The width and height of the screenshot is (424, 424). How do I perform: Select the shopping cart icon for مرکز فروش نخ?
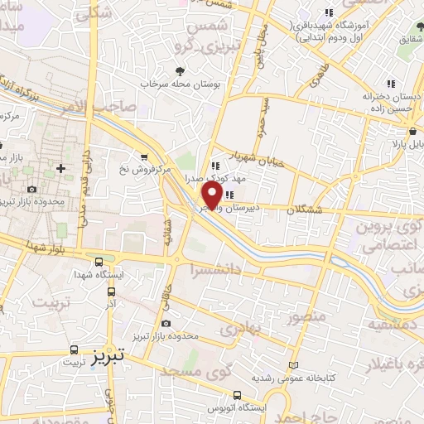tap(145, 157)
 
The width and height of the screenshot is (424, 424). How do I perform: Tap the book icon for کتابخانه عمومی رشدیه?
tap(291, 365)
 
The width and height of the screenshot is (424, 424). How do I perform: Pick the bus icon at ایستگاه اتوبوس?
tap(238, 394)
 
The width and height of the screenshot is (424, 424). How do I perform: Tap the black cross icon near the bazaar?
tap(60, 168)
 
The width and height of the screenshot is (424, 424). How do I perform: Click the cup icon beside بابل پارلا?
tap(412, 131)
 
